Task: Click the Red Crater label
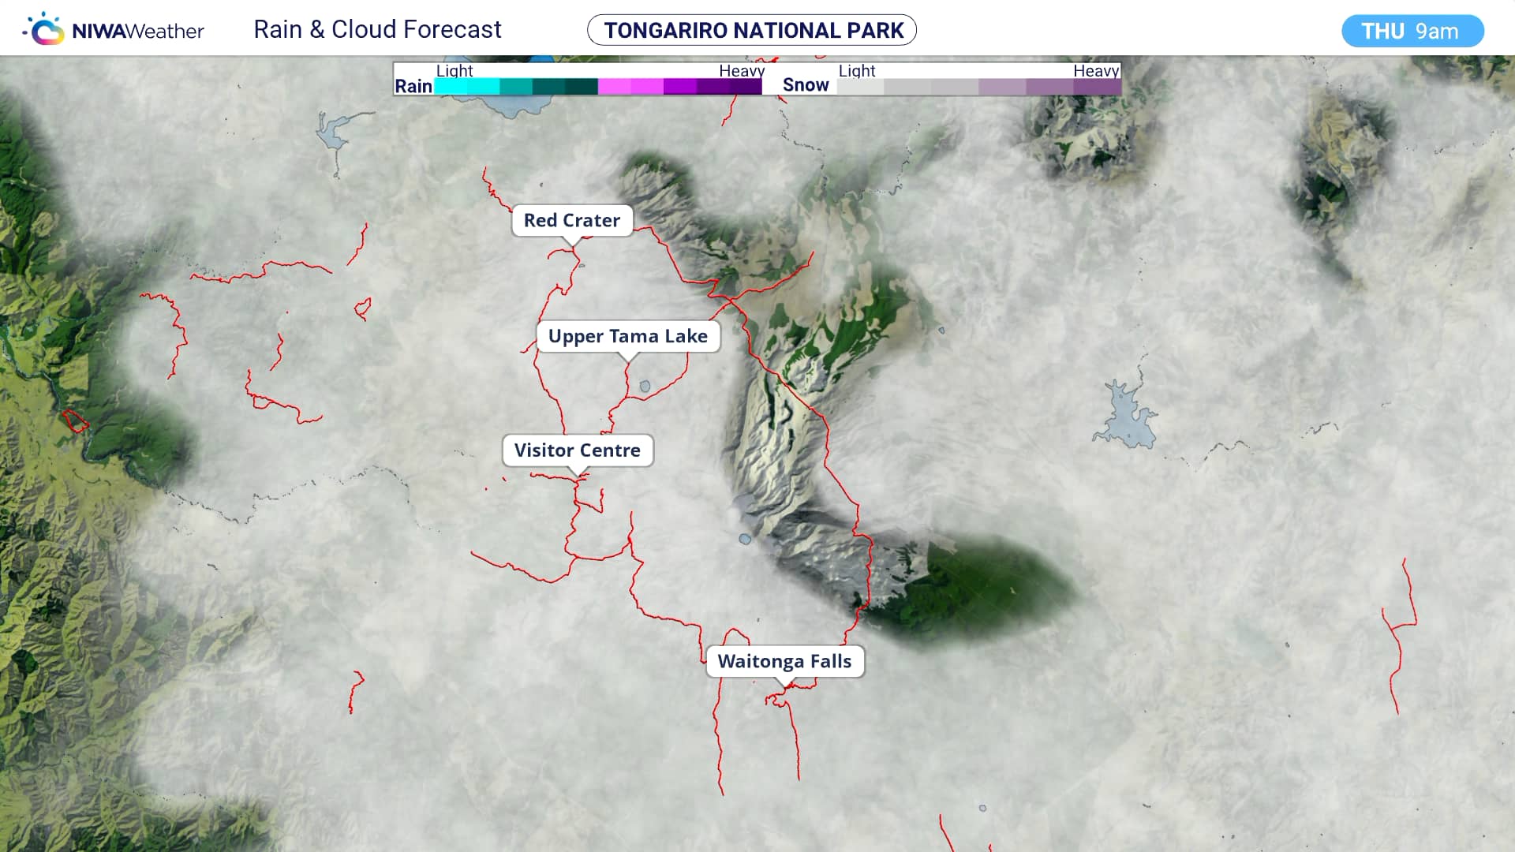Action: click(x=572, y=220)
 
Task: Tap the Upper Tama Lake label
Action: click(x=627, y=336)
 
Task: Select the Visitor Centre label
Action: click(x=577, y=450)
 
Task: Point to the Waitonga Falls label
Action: click(x=784, y=661)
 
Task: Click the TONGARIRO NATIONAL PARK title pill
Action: click(x=752, y=30)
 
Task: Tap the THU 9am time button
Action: click(x=1412, y=31)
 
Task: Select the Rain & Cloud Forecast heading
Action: click(x=377, y=30)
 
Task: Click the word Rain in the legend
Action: click(x=413, y=86)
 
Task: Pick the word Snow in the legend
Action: click(x=806, y=85)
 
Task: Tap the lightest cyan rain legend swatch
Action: click(x=451, y=87)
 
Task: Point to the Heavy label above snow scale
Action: click(x=1096, y=71)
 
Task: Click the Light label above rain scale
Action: click(x=454, y=71)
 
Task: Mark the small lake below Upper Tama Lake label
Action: click(x=645, y=387)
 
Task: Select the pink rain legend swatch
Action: click(x=614, y=87)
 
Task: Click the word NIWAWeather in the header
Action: click(x=138, y=32)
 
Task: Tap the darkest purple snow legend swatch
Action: click(x=1098, y=87)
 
